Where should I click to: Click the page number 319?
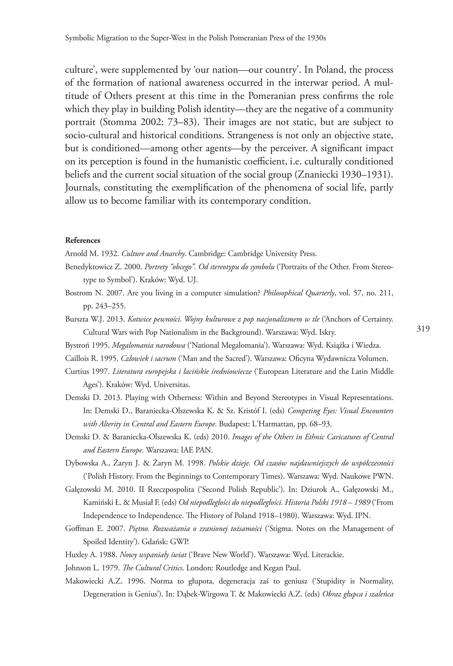423,329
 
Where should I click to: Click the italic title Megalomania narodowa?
148,345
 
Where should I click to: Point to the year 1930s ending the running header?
318,38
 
